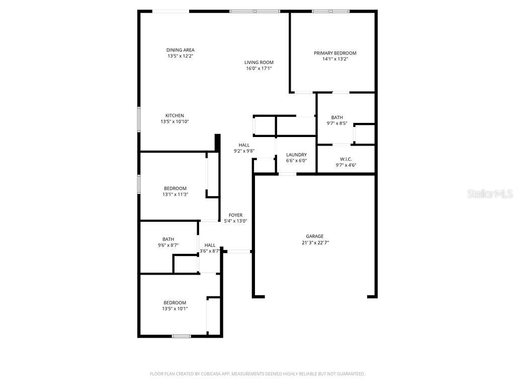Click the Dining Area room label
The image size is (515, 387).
point(180,50)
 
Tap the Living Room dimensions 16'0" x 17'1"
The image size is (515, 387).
point(259,69)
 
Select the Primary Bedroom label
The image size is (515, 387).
point(335,53)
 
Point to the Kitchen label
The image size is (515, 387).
point(175,115)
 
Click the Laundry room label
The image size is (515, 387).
point(296,155)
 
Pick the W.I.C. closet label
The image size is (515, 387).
point(346,159)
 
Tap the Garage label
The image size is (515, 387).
point(315,236)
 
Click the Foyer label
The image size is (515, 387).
point(235,215)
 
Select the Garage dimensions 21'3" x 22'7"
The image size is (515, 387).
point(315,242)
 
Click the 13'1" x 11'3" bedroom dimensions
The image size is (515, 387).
point(175,195)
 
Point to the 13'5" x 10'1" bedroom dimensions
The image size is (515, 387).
point(175,308)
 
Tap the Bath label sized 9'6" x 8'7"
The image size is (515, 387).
point(168,239)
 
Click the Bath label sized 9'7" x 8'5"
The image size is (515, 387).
point(337,117)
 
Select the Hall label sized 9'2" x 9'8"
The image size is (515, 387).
point(244,145)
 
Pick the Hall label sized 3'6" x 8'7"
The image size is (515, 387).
point(210,245)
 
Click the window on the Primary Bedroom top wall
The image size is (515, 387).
point(330,11)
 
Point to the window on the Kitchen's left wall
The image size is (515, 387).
point(139,119)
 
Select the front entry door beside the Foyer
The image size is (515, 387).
point(238,251)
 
